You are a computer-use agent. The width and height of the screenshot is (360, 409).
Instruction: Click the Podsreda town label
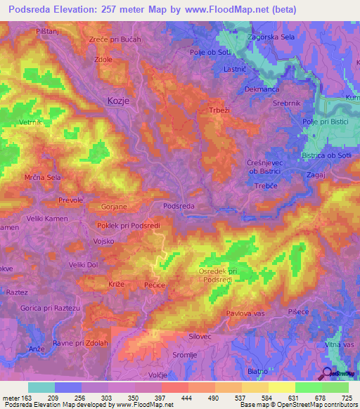pyautogui.click(x=178, y=206)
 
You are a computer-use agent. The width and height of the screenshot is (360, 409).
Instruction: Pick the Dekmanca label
pyautogui.click(x=262, y=90)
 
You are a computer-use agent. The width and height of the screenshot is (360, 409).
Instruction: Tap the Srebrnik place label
pyautogui.click(x=285, y=103)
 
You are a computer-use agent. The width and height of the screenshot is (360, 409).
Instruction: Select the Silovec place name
pyautogui.click(x=200, y=337)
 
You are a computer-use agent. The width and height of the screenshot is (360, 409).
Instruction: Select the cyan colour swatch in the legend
pyautogui.click(x=41, y=387)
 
